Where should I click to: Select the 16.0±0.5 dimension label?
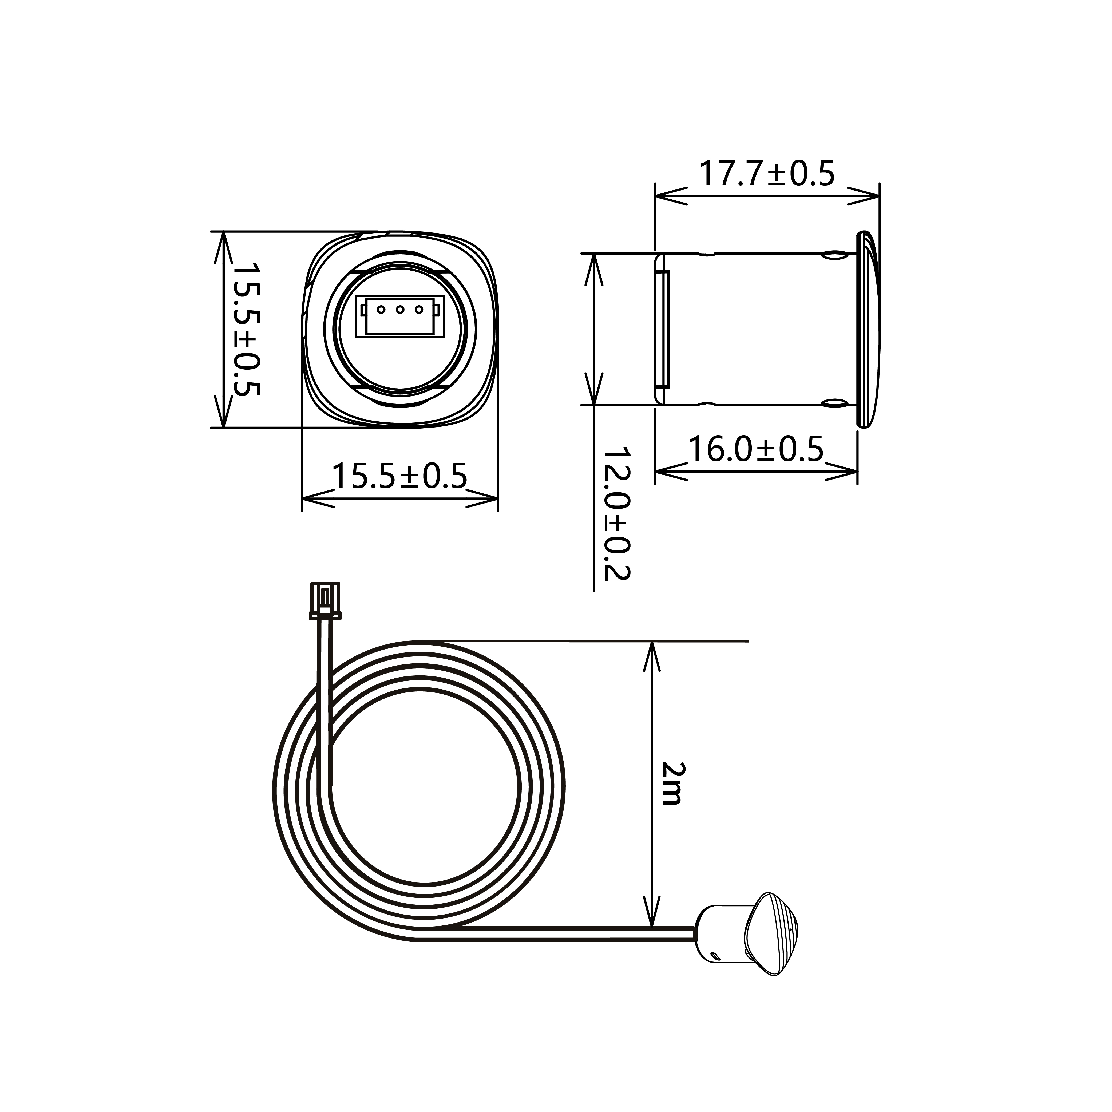[756, 449]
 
